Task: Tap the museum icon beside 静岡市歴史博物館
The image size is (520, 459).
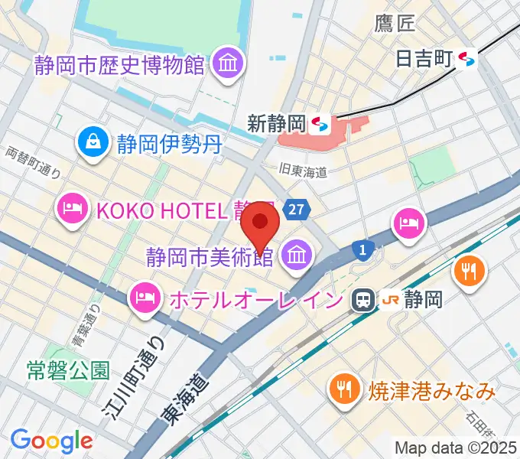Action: (228, 63)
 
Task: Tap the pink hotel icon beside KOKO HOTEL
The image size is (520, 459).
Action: (73, 208)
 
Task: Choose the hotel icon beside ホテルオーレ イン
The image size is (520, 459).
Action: (145, 295)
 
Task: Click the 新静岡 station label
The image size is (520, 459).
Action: (277, 122)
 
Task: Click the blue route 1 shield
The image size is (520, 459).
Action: (365, 249)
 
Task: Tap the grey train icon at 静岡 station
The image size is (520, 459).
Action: (362, 299)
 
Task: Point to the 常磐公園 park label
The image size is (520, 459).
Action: (69, 371)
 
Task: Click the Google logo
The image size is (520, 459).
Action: (51, 441)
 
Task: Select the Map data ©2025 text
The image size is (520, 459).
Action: (456, 448)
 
